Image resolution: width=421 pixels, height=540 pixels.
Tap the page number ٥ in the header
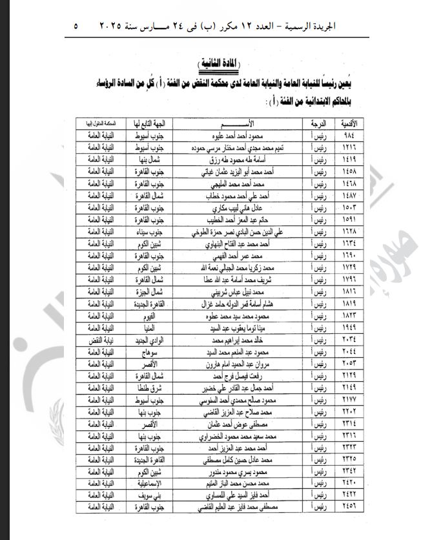click(x=76, y=26)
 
